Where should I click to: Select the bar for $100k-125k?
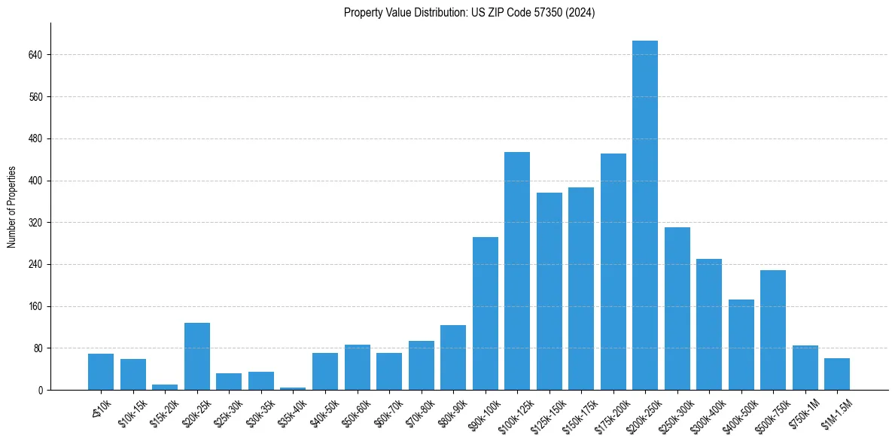[x=517, y=271]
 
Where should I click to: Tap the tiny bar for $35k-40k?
[x=293, y=388]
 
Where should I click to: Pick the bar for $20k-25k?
[x=197, y=356]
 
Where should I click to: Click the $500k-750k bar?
[x=773, y=330]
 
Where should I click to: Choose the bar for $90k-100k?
[x=486, y=313]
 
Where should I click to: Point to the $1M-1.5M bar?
[x=837, y=374]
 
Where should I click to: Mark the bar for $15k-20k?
[x=165, y=387]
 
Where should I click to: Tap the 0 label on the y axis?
[x=41, y=391]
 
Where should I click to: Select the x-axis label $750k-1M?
[x=799, y=412]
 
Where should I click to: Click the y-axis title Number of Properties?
[x=12, y=206]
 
